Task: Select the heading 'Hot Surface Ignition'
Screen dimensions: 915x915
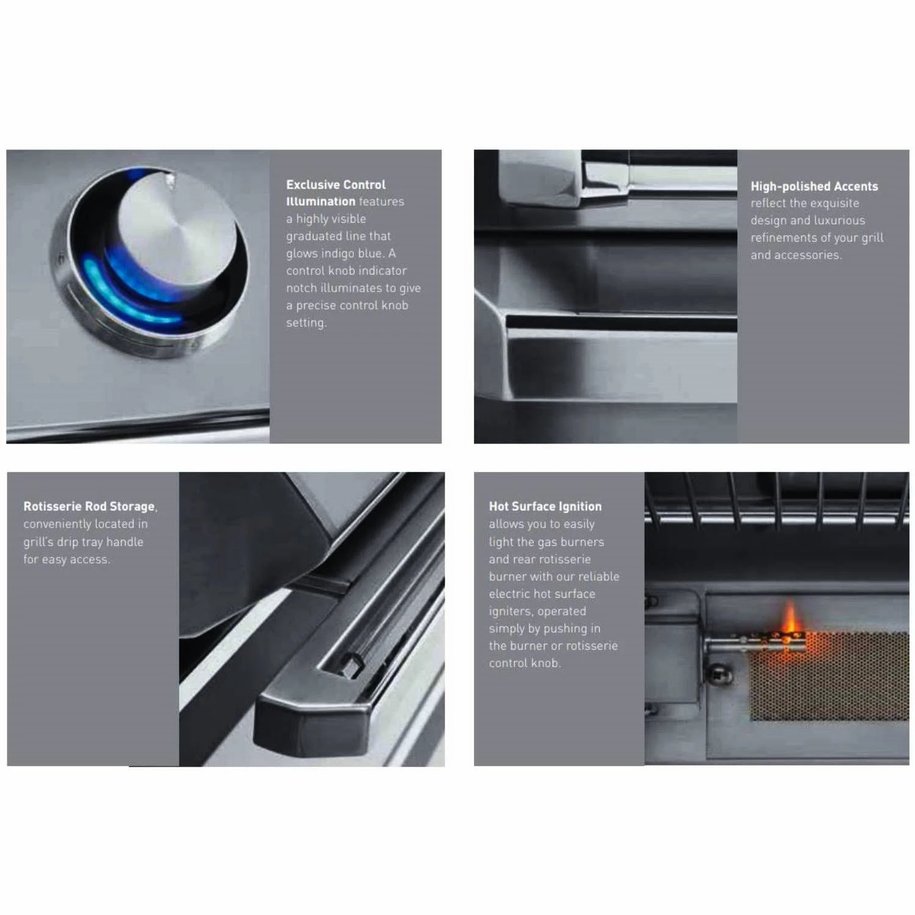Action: point(545,506)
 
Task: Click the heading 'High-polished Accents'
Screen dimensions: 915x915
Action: point(814,187)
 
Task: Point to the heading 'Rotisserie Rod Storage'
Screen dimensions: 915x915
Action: point(90,506)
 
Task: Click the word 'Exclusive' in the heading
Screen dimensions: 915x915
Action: point(311,185)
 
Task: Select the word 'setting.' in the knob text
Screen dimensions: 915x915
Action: point(306,323)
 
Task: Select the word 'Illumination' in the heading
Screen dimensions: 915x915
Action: point(321,202)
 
